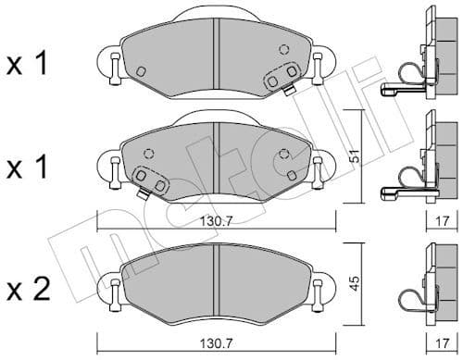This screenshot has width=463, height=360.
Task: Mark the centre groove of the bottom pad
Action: coord(215,278)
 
